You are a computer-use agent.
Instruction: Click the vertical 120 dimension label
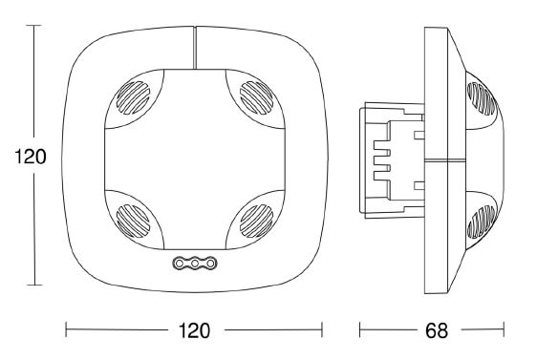[x=31, y=157]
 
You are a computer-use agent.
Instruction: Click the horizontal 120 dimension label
[x=194, y=330]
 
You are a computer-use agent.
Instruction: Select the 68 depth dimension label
[x=437, y=330]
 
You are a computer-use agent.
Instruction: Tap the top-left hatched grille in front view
[x=133, y=97]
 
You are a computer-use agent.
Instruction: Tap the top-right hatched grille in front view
[x=256, y=97]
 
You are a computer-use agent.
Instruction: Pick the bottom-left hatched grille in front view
[x=133, y=222]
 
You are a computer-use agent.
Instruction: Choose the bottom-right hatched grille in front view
[x=256, y=222]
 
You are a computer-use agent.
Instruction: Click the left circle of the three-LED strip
[x=179, y=264]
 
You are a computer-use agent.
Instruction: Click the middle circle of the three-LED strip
[x=195, y=264]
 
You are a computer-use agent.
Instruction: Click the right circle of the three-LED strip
[x=211, y=264]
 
